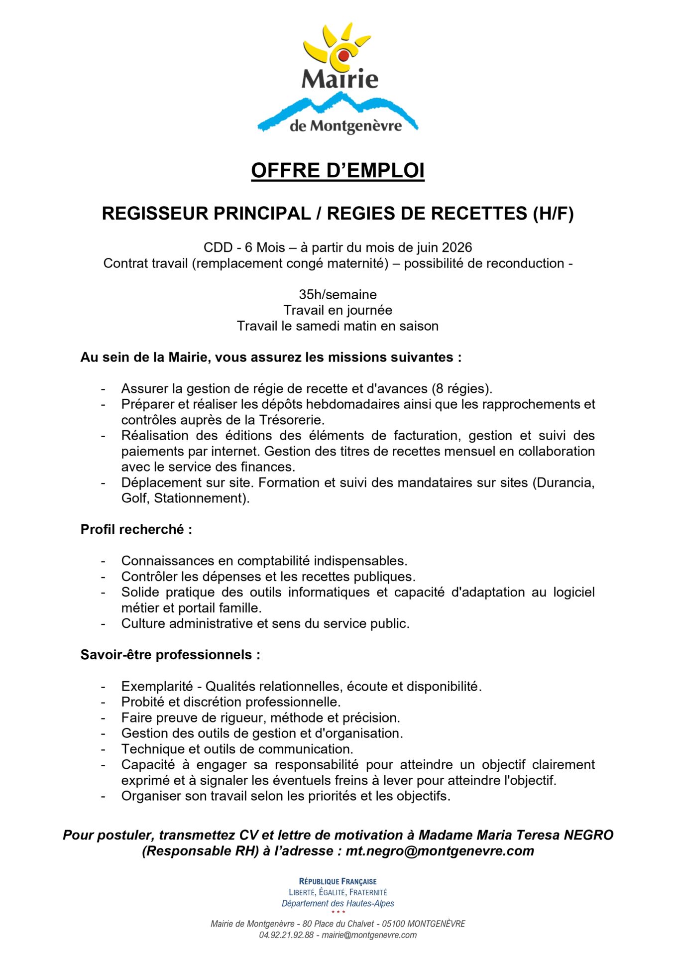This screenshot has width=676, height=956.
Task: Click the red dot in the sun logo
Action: click(343, 55)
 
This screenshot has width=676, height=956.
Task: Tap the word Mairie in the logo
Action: click(340, 79)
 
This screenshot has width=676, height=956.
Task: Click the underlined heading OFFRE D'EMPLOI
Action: click(338, 170)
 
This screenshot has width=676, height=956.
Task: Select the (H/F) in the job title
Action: click(553, 214)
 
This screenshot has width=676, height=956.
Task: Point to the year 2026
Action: click(457, 247)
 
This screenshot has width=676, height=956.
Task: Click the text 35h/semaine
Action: click(338, 294)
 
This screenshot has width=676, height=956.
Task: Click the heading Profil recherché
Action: click(136, 529)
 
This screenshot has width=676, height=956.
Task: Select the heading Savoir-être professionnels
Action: click(170, 655)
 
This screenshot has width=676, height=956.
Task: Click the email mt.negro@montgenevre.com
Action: click(440, 851)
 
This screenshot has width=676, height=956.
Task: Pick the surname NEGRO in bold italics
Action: click(588, 835)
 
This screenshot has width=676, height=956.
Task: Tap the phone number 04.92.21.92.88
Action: click(286, 935)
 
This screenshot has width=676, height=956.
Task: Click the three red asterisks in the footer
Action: click(338, 912)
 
